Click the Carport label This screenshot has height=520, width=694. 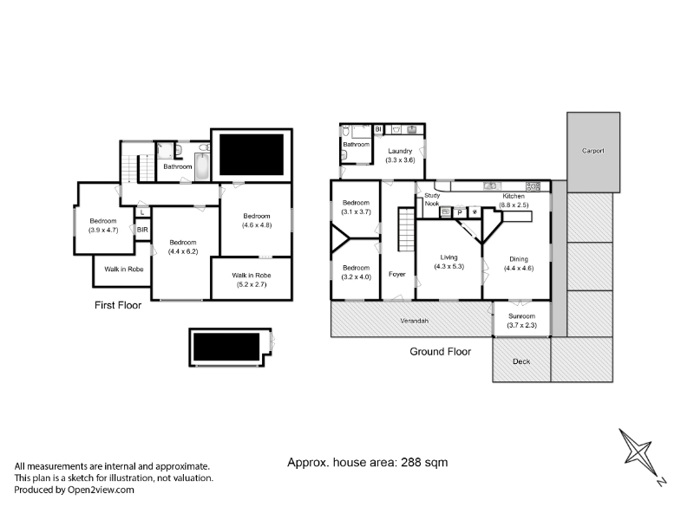tap(593, 151)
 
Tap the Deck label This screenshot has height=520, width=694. tap(521, 361)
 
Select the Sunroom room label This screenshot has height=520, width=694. tap(522, 316)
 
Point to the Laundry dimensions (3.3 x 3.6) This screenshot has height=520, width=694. tap(400, 160)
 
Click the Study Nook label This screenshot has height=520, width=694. tap(432, 199)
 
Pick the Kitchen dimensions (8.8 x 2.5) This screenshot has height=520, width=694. tap(514, 205)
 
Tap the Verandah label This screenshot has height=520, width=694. tap(415, 321)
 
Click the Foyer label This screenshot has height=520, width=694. tap(397, 274)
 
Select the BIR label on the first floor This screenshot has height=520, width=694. tap(142, 230)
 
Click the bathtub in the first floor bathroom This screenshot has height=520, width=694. tap(202, 166)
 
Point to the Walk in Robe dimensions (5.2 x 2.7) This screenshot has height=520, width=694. tap(252, 284)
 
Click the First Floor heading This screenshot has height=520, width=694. tap(118, 305)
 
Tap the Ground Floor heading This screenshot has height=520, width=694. tap(441, 352)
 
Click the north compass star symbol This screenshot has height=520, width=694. tap(638, 451)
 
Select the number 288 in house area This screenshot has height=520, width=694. tap(410, 463)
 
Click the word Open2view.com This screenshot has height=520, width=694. tap(101, 490)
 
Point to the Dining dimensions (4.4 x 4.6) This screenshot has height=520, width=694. tap(519, 269)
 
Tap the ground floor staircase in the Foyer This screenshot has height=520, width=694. tap(406, 229)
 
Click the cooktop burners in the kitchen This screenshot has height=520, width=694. tap(533, 186)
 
